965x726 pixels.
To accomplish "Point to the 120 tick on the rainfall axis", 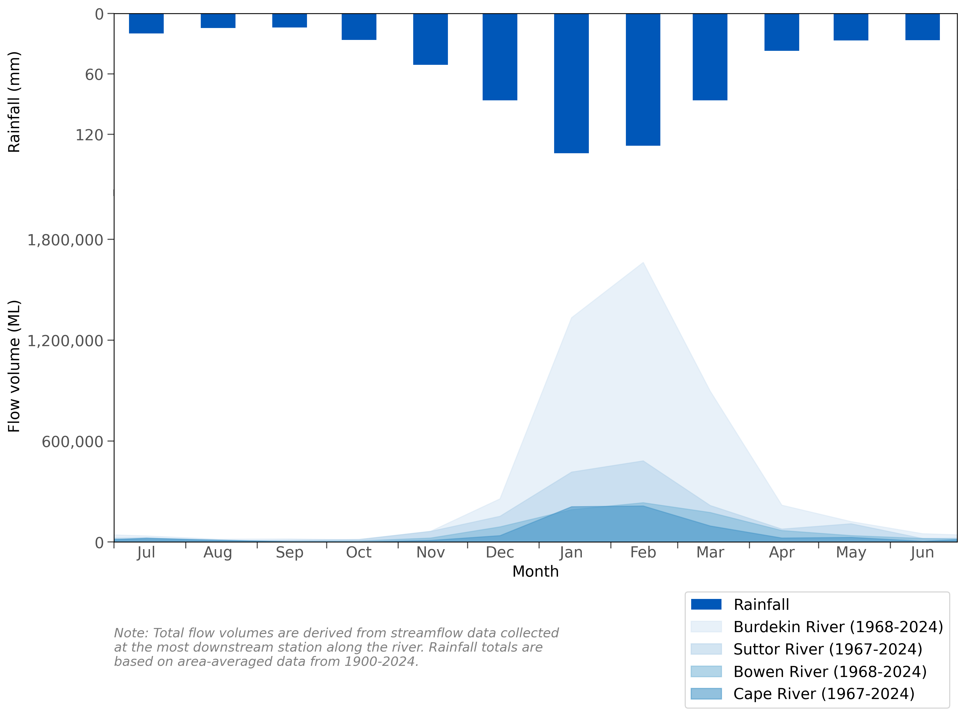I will pos(89,135).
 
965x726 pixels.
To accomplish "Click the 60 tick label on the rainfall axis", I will pos(94,75).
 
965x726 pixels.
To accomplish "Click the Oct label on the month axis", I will pos(358,553).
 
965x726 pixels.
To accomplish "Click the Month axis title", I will pos(535,571).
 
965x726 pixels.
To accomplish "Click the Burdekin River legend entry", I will pos(838,627).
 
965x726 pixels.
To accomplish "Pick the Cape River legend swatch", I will pos(706,694).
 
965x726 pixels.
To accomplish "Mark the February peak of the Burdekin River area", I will pos(643,263).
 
